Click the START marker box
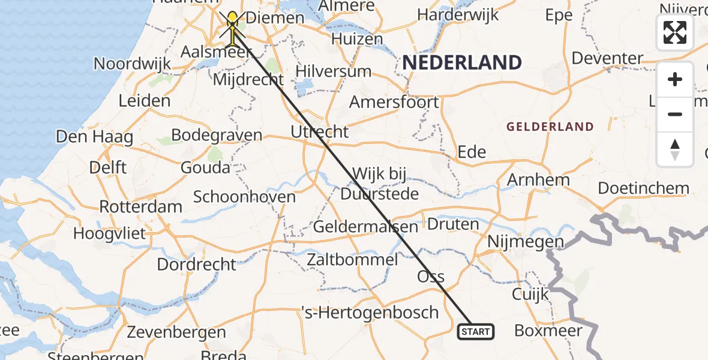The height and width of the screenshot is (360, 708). [x=476, y=331]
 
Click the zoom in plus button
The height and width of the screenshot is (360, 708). [x=675, y=79]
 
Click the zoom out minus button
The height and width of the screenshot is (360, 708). [x=675, y=114]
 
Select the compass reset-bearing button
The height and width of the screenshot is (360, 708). [x=675, y=149]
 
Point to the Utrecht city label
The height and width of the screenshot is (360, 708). [x=319, y=131]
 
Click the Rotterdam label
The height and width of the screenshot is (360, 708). [x=140, y=207]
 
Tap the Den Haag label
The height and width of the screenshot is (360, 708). [x=94, y=136]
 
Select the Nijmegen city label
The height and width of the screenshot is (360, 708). [x=526, y=242]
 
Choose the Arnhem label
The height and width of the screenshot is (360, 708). [x=538, y=179]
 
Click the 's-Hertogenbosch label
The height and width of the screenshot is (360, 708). [x=370, y=313]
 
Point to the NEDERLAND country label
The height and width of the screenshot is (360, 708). [x=461, y=62]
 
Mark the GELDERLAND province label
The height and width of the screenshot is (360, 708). [x=550, y=127]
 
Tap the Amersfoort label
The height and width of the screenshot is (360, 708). [x=394, y=102]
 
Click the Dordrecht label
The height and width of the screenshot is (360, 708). [x=197, y=264]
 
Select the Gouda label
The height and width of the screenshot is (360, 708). [x=205, y=167]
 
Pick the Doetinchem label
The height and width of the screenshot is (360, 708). [x=644, y=188]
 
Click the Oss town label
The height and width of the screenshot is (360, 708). [x=431, y=277]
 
